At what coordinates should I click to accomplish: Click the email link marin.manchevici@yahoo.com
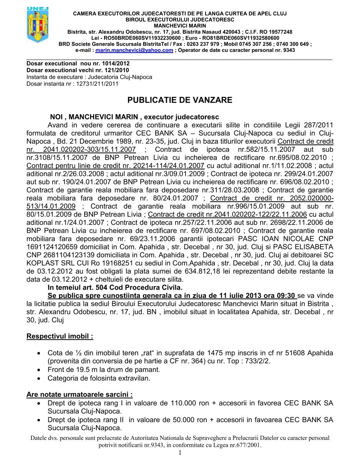pyautogui.click(x=134, y=50)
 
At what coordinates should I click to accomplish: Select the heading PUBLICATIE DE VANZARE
pyautogui.click(x=180, y=100)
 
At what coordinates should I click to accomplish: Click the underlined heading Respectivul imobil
pyautogui.click(x=60, y=337)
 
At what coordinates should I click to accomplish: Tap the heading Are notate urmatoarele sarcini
pyautogui.click(x=80, y=395)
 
